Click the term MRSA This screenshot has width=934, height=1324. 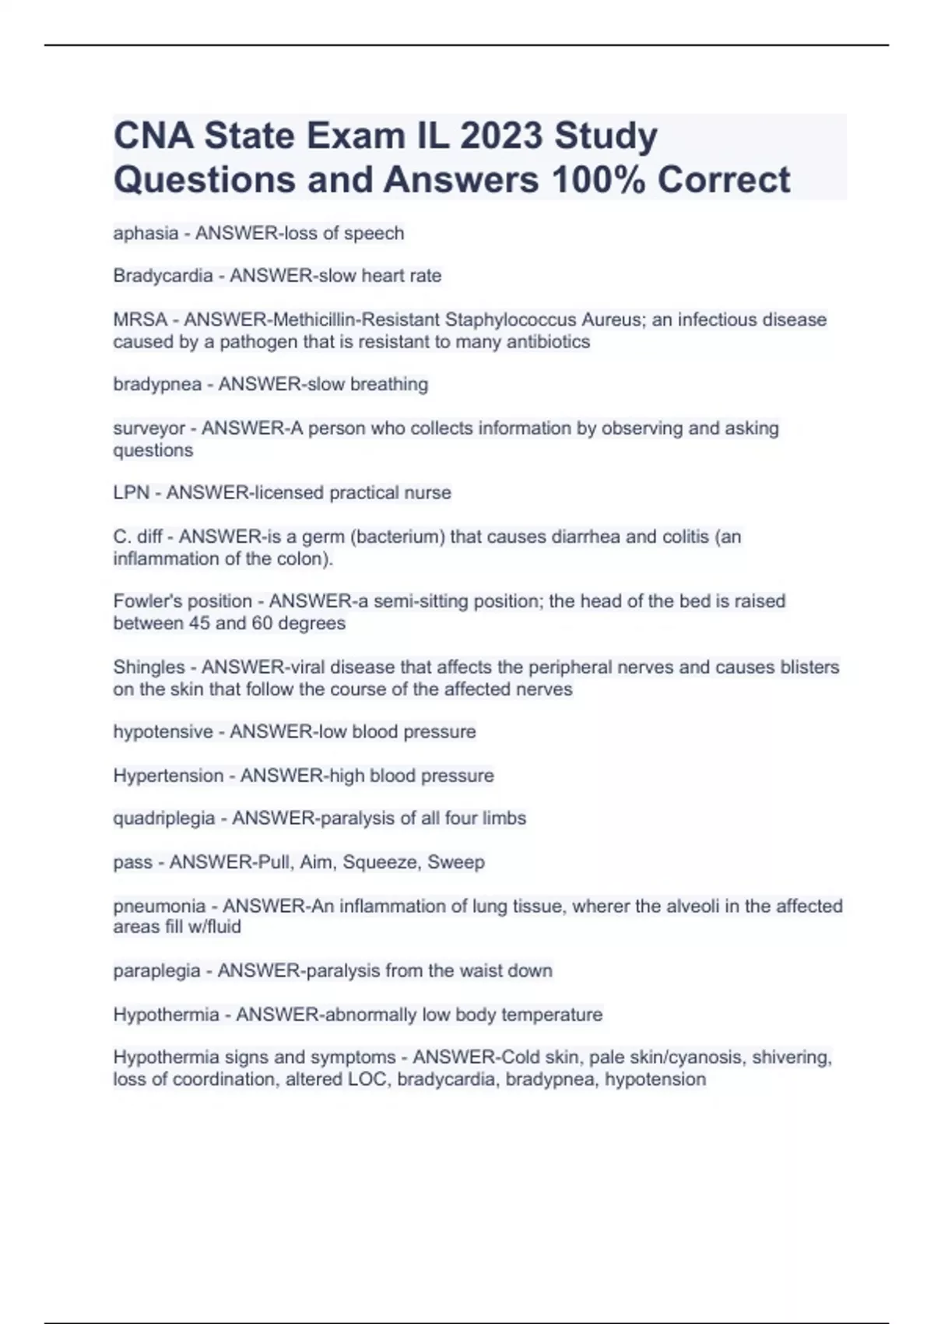140,320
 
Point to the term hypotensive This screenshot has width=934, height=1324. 163,732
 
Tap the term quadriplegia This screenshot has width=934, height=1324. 164,819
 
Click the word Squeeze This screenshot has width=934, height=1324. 378,862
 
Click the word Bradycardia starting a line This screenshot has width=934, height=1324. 163,276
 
